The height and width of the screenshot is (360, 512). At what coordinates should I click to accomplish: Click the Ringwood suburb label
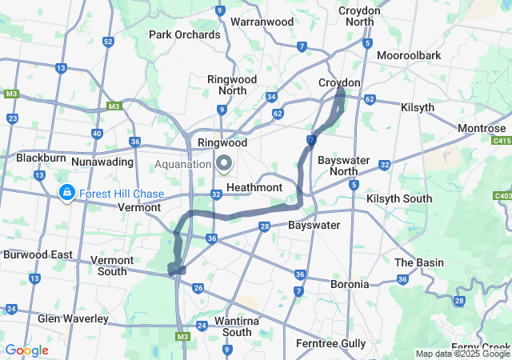(223, 142)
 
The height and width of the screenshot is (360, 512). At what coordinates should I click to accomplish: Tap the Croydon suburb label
(339, 82)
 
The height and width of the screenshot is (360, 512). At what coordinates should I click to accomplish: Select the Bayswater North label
(343, 166)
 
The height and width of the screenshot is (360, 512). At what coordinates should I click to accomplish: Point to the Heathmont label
(254, 186)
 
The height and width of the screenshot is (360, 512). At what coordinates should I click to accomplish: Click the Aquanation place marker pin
(224, 164)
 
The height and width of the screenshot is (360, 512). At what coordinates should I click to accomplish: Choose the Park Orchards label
(184, 34)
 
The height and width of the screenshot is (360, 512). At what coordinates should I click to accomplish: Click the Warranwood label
(262, 22)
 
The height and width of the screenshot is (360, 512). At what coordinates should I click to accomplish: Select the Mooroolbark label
(409, 55)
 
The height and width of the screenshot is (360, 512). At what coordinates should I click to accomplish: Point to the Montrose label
(482, 128)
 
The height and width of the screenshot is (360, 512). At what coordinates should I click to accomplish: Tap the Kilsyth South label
(398, 198)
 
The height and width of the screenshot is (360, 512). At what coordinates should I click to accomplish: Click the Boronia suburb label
(350, 283)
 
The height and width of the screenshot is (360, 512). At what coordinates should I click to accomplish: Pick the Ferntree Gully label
(330, 343)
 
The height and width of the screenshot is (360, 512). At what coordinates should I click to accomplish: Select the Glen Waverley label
(73, 318)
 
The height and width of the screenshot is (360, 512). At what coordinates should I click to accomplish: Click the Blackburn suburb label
(40, 158)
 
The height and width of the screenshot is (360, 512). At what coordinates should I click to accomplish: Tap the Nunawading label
(101, 162)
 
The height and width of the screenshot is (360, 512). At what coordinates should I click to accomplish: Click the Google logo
(26, 350)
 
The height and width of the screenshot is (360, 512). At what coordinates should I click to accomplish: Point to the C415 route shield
(502, 140)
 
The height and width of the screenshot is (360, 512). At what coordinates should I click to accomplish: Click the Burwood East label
(38, 254)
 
